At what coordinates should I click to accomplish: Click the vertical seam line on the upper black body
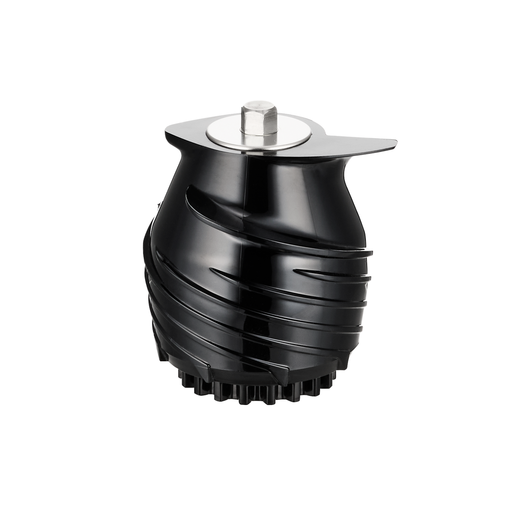tap(248, 184)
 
